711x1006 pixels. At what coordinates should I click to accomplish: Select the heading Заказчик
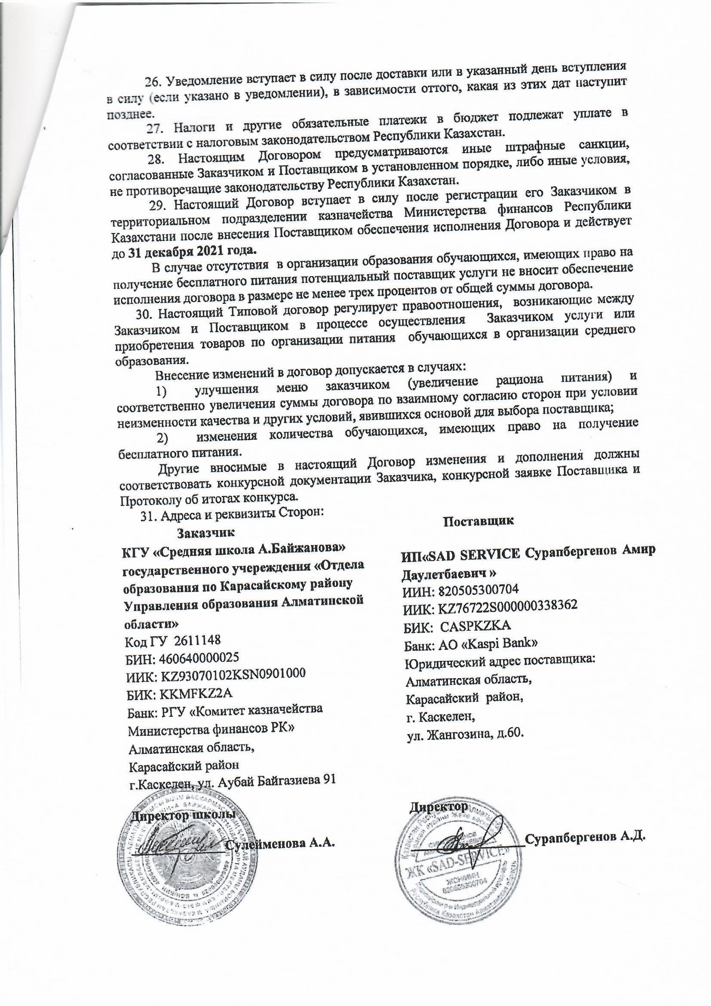(x=206, y=533)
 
